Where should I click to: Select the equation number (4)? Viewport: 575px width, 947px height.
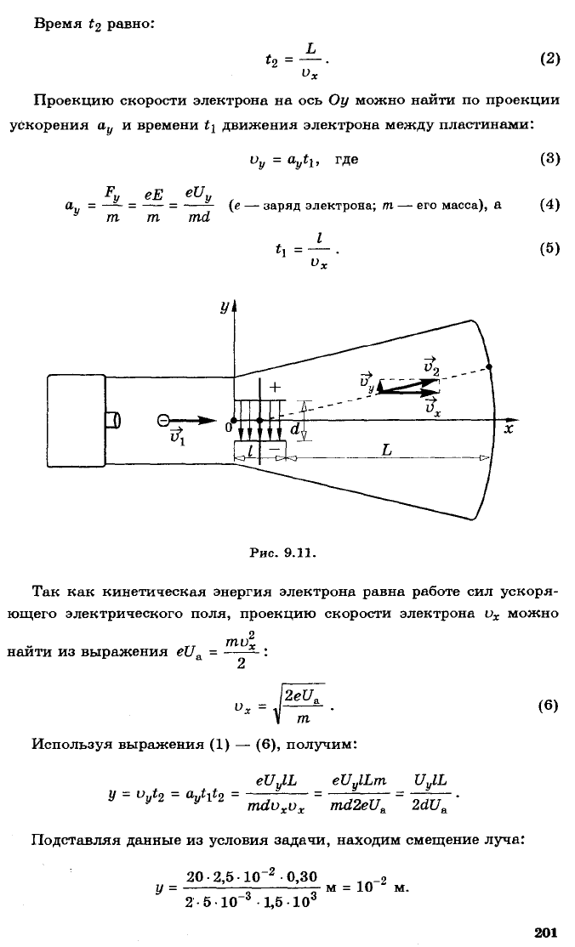(549, 204)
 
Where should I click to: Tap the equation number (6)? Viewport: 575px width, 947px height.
(548, 706)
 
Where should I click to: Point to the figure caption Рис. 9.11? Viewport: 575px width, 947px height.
(283, 552)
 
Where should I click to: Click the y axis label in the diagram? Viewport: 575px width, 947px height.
(224, 308)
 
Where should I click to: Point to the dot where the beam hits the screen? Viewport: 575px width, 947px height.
(489, 366)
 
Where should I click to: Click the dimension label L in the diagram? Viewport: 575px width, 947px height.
(386, 450)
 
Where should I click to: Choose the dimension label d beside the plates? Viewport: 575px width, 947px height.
(293, 428)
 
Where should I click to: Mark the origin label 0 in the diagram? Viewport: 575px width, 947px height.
(228, 428)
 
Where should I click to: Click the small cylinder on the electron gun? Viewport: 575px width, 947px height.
(113, 420)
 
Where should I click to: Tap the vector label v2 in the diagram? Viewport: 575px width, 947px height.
(431, 365)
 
